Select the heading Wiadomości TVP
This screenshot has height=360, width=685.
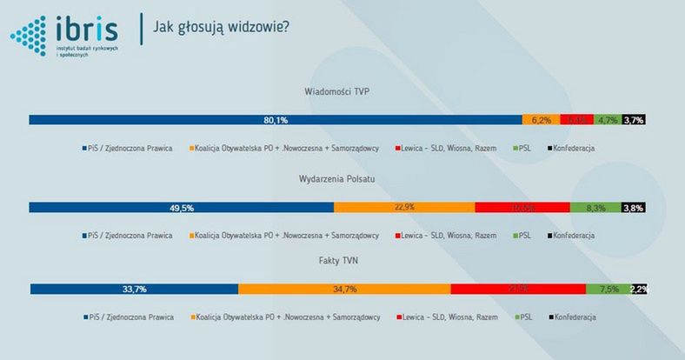(342, 91)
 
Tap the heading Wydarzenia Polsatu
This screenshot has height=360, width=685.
(342, 178)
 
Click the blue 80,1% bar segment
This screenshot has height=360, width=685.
(276, 120)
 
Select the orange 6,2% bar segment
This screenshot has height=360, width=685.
(541, 120)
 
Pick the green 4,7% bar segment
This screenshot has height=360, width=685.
(608, 120)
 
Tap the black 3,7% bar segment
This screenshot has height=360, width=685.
(634, 120)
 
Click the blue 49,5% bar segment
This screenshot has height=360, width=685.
(182, 207)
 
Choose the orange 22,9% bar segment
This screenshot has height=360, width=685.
(404, 207)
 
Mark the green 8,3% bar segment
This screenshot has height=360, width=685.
(595, 207)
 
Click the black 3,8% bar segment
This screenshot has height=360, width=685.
(633, 207)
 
